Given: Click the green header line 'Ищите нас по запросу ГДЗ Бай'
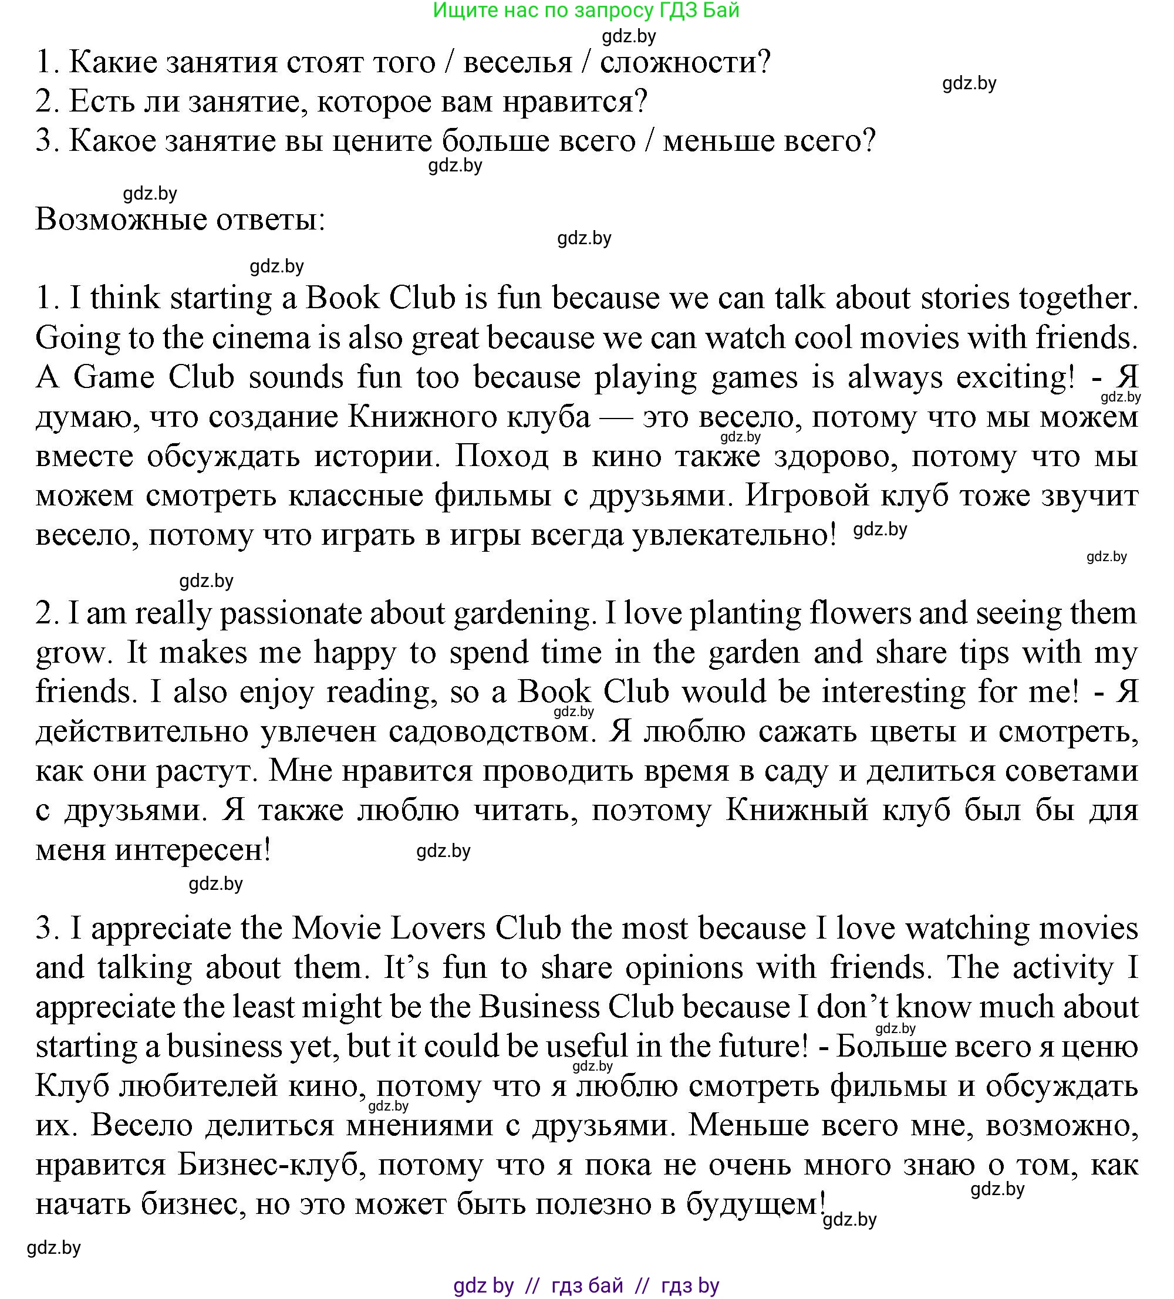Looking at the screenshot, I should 586,11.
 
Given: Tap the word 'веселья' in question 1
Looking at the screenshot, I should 517,62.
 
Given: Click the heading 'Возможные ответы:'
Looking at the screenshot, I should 180,220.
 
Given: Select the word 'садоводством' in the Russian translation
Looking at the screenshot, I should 490,731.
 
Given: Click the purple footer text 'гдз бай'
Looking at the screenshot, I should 587,1285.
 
